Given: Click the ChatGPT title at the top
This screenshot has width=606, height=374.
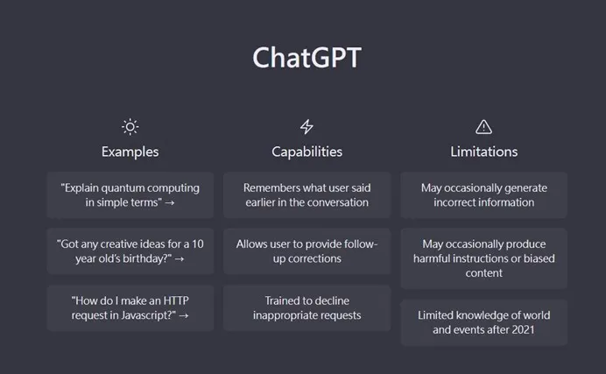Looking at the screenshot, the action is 307,58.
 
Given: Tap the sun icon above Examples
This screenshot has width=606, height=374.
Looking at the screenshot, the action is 130,127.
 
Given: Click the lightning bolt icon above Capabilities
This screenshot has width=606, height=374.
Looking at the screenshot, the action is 307,127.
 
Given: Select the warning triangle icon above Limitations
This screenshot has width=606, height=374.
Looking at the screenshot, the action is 484,127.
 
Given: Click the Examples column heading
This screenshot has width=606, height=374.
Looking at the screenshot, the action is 130,152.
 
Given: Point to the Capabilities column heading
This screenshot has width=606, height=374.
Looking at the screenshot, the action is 307,152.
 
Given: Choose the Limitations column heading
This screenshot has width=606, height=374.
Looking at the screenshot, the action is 484,152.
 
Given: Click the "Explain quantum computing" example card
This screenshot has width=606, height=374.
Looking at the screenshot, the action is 130,195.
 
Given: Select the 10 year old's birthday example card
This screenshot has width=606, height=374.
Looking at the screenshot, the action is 130,251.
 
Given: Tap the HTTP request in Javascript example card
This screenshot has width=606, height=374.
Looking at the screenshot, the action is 130,308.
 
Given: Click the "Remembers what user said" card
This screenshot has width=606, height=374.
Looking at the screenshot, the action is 307,195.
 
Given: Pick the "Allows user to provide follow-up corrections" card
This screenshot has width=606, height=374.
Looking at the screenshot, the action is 307,251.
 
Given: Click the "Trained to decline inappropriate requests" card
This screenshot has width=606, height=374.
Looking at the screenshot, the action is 307,308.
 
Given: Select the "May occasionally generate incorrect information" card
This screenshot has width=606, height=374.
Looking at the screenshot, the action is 484,195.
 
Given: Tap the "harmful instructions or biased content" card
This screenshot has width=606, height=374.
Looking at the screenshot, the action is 484,258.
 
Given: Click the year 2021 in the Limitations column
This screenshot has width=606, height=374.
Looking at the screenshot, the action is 523,330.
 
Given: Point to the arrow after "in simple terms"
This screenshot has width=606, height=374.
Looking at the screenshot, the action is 170,203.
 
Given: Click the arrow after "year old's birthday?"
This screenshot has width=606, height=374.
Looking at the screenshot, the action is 180,259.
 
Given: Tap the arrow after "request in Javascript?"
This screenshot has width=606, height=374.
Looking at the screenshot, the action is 184,316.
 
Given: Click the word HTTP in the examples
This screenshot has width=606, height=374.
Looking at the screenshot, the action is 176,300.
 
